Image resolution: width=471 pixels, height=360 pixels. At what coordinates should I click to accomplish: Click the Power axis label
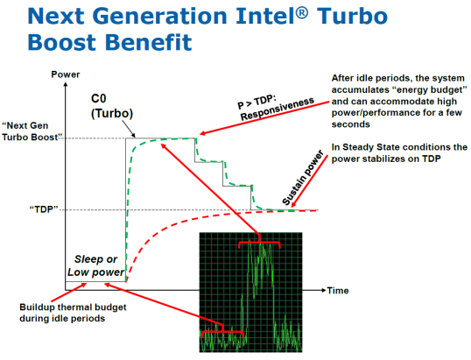(66, 74)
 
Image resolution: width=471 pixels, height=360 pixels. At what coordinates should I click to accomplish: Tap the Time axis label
(338, 291)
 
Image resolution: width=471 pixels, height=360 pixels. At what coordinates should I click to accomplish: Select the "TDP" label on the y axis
(44, 209)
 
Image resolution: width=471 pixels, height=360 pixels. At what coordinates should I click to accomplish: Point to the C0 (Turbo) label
(112, 106)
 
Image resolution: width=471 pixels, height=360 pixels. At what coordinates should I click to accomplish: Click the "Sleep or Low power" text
(95, 265)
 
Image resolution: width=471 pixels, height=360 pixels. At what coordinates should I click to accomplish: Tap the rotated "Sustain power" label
(303, 178)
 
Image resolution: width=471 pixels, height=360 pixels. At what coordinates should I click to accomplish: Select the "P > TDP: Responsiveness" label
(276, 108)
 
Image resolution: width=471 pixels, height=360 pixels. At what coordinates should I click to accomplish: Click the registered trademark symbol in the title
(302, 13)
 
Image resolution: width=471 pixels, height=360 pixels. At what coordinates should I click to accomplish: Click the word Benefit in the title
(149, 42)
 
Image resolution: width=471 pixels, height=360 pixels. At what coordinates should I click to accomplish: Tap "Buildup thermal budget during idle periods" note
(73, 313)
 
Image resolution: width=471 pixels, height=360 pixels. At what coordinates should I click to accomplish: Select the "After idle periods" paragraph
(399, 101)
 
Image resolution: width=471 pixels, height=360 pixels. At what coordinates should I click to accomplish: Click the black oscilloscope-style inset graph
(250, 292)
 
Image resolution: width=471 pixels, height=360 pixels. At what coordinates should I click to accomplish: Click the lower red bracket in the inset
(222, 331)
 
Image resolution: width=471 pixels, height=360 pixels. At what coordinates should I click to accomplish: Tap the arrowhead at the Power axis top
(66, 84)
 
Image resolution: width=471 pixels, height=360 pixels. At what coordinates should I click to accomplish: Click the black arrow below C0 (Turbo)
(129, 129)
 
